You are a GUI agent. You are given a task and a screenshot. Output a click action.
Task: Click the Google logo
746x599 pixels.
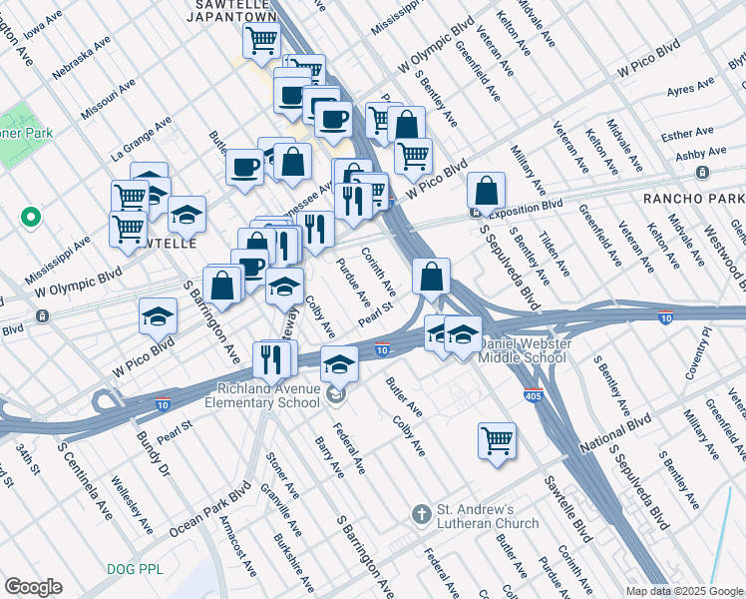pyautogui.click(x=33, y=587)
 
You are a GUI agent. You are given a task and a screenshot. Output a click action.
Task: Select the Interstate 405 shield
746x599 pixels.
pyautogui.click(x=533, y=396)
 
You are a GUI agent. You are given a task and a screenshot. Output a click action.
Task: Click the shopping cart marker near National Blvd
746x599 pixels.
pyautogui.click(x=497, y=439)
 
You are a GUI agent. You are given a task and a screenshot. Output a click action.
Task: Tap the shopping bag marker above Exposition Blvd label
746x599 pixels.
pyautogui.click(x=486, y=190)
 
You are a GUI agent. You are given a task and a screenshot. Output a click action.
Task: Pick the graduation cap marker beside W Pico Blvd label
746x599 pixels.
pyautogui.click(x=158, y=316)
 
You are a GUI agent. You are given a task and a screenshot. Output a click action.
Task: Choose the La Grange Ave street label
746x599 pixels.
pyautogui.click(x=142, y=138)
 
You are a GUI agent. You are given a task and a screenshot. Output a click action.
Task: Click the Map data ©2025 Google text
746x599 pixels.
pyautogui.click(x=683, y=590)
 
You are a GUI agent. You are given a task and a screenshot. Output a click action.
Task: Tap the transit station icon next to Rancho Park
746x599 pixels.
pyautogui.click(x=702, y=174)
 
